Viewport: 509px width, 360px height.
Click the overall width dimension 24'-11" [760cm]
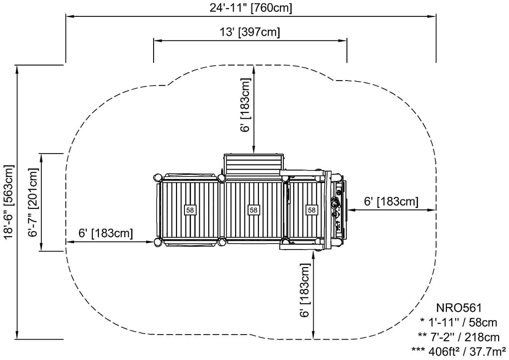pyautogui.click(x=251, y=7)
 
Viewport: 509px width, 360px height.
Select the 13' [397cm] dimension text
pyautogui.click(x=250, y=32)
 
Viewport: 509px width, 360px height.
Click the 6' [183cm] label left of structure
pyautogui.click(x=106, y=233)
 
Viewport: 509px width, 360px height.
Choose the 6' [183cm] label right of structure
pyautogui.click(x=391, y=201)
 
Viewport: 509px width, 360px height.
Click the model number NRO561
pyautogui.click(x=459, y=309)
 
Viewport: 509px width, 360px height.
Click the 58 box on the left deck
pyautogui.click(x=190, y=210)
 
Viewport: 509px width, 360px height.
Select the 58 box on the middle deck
pyautogui.click(x=254, y=210)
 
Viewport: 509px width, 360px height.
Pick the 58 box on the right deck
pyautogui.click(x=312, y=210)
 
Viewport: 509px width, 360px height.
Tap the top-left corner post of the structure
pyautogui.click(x=158, y=177)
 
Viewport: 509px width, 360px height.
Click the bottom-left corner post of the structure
pyautogui.click(x=158, y=242)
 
